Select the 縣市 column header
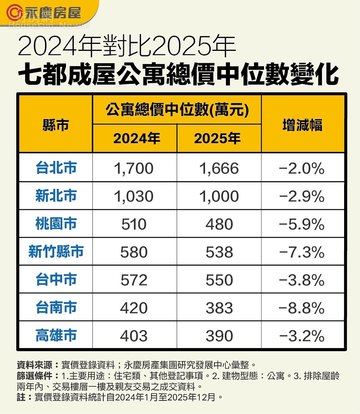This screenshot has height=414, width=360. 56,125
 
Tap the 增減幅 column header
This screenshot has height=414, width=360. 302,125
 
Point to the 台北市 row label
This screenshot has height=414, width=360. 56,168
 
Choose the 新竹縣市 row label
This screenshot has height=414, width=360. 56,252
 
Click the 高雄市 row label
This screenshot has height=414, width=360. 56,335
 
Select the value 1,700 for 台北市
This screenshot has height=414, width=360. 134,168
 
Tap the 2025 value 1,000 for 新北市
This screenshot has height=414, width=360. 219,196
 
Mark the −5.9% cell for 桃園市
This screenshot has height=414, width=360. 302,224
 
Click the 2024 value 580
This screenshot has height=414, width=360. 134,252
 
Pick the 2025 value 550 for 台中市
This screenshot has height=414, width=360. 219,280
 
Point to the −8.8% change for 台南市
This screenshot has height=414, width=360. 302,308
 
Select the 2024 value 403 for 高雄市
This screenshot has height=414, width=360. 134,336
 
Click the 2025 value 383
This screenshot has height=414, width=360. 219,308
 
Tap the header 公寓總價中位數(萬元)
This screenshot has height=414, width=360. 177,110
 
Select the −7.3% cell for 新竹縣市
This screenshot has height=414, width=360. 302,252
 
